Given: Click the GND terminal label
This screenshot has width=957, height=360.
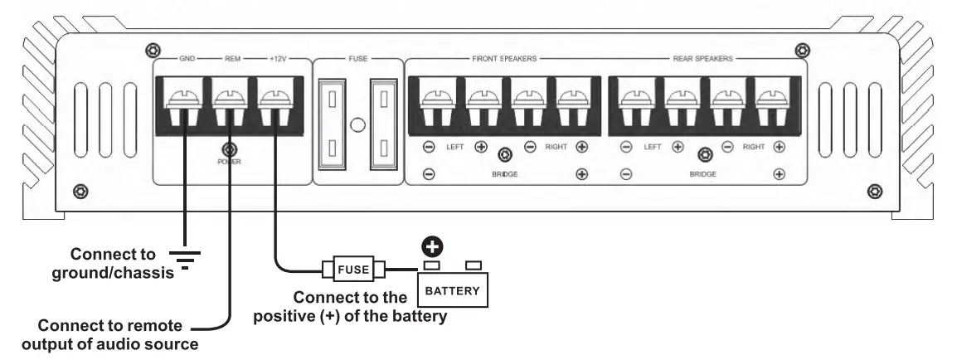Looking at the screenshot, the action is [x=187, y=59].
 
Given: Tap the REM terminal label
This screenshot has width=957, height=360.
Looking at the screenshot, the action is [x=232, y=59].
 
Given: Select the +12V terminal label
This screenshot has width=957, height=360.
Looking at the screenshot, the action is [x=278, y=59].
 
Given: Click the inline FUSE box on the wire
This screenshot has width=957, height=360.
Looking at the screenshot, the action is [x=353, y=269].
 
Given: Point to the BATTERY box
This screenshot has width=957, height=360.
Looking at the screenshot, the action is [x=452, y=289].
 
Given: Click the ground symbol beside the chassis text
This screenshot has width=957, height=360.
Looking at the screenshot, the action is [x=184, y=259].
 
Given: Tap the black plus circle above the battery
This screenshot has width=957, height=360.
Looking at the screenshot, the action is [x=433, y=247].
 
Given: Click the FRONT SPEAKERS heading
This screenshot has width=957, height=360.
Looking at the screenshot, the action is [x=504, y=59].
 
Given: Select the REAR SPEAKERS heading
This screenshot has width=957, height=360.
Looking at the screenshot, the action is [x=702, y=59].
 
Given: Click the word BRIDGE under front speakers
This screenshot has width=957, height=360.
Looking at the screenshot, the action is [x=505, y=174].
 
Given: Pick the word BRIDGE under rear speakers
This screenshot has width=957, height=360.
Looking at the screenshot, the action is [x=702, y=174].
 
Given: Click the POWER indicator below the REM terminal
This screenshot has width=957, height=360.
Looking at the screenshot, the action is [x=230, y=149].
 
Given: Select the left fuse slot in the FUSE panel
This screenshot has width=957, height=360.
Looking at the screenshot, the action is [x=332, y=124].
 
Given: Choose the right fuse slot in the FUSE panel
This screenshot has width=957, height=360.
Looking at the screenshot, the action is [x=384, y=124].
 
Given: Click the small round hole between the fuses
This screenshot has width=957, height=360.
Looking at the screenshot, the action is [x=358, y=126].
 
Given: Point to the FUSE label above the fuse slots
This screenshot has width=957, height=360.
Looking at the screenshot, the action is [x=357, y=59].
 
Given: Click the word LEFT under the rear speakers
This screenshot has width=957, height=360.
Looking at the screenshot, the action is [x=653, y=147].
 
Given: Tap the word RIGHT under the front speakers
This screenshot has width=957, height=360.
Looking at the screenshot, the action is [x=556, y=147].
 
